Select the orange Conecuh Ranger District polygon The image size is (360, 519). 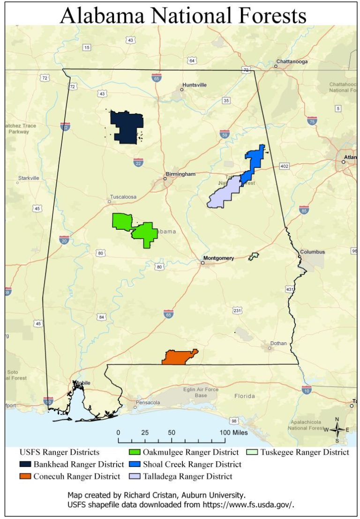178,358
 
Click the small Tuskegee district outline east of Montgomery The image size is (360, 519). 254,256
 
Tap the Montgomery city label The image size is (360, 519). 218,258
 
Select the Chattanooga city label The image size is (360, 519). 292,61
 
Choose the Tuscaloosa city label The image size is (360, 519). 123,197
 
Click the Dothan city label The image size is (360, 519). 278,343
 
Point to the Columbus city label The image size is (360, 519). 312,252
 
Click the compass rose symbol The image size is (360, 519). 337,429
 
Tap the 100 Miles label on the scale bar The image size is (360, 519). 233,432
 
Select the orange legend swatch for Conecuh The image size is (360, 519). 25,476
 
